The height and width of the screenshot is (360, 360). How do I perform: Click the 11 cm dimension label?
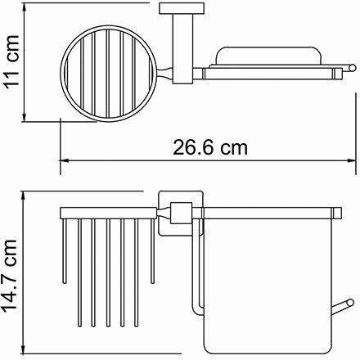pyautogui.click(x=11, y=61)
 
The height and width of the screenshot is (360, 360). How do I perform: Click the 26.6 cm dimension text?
pyautogui.click(x=210, y=147)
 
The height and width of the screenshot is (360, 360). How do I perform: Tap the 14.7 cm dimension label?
pyautogui.click(x=10, y=277)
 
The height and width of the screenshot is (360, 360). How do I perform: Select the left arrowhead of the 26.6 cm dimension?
pyautogui.click(x=64, y=160)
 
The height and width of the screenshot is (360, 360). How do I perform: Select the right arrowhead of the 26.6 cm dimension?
pyautogui.click(x=352, y=160)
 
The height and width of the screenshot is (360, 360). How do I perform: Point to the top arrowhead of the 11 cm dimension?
pyautogui.click(x=25, y=7)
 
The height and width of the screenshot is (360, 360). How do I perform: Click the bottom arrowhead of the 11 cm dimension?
pyautogui.click(x=25, y=118)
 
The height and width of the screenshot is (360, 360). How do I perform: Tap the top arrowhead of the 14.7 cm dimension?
pyautogui.click(x=24, y=195)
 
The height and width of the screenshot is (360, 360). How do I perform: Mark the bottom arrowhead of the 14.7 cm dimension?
pyautogui.click(x=24, y=350)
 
